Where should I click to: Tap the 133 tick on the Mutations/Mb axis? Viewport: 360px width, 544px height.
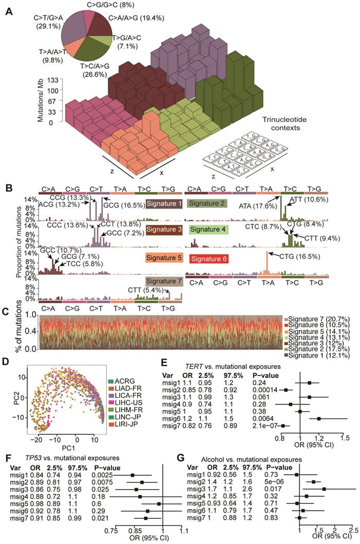tap(50, 80)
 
